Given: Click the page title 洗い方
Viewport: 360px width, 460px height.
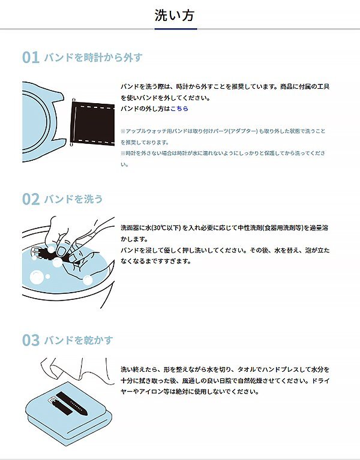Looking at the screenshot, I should tap(175, 16).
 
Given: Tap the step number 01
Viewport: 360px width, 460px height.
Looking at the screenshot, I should tap(31, 58).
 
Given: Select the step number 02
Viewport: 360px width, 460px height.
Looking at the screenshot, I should tap(31, 199).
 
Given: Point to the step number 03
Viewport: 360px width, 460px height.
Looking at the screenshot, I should tap(31, 341).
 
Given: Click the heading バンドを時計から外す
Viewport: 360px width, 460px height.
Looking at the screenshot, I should tap(93, 58).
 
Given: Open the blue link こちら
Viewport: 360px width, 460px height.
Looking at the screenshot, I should tap(179, 109).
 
